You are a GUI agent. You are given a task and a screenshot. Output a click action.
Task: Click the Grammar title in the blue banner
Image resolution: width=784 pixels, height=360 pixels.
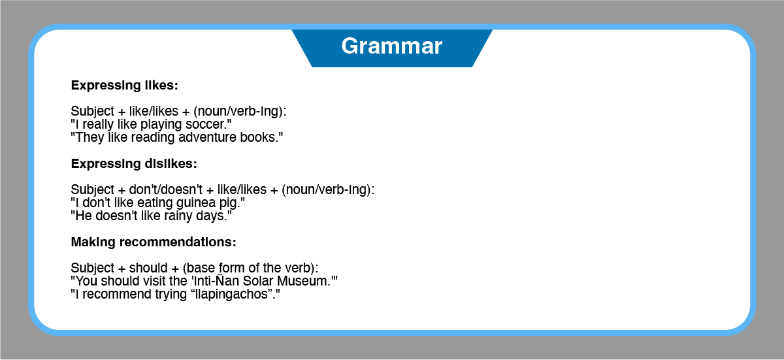(391, 46)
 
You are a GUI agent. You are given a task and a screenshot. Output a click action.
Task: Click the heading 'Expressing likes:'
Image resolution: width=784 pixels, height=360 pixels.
(125, 86)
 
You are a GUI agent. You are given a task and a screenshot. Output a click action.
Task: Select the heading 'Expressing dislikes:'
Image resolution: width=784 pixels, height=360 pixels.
(134, 164)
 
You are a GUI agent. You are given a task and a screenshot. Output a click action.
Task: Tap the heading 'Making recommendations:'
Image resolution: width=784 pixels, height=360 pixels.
(154, 242)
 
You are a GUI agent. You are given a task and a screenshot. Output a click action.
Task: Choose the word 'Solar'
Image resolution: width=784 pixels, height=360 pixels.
(258, 282)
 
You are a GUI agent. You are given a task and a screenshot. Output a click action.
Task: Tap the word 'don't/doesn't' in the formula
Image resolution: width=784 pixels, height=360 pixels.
(165, 189)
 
